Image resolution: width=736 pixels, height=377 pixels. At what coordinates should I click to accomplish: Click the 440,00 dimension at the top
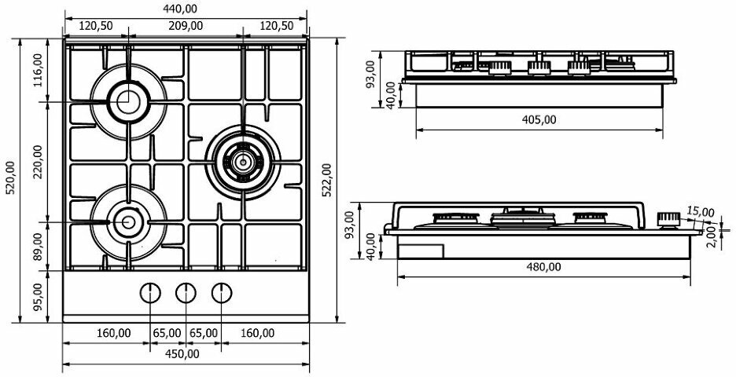181,9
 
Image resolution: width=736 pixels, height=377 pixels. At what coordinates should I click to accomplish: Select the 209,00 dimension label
186,25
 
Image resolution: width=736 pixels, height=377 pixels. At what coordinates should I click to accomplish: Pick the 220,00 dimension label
37,163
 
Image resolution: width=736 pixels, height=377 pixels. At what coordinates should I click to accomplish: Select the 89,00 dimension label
37,244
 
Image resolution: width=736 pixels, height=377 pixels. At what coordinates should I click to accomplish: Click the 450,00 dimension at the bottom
182,353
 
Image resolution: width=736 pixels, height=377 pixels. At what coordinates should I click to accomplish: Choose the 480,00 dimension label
544,266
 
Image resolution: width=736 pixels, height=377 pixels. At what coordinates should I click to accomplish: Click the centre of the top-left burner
126,101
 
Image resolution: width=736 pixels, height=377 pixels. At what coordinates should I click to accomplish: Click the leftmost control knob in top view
149,292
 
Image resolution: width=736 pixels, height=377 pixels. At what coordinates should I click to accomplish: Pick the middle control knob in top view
186,292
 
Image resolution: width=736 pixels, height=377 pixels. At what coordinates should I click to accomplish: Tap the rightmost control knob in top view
222,292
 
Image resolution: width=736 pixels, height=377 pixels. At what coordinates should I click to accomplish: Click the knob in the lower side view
668,218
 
